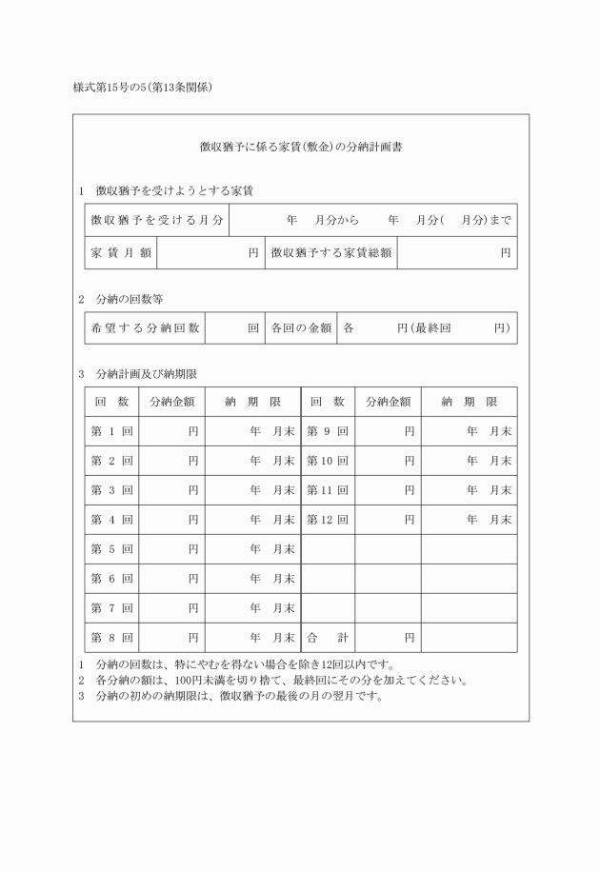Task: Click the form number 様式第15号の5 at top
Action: [142, 88]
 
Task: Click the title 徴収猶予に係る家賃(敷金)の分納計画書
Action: [300, 148]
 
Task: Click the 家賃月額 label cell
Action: [120, 253]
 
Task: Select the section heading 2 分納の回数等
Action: [128, 298]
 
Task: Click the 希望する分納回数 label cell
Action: [145, 327]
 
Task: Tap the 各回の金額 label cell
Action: [300, 327]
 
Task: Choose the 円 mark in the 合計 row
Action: [409, 638]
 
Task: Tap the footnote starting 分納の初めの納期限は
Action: [231, 695]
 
